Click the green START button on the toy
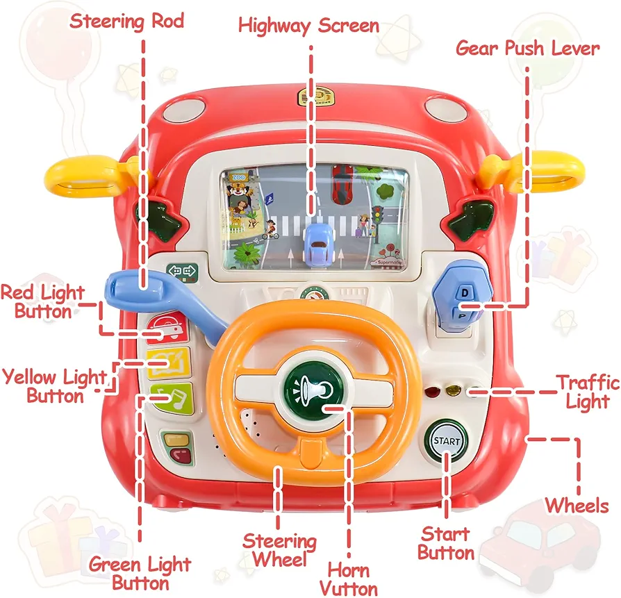point(446,440)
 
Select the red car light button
point(167,327)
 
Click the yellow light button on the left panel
point(169,363)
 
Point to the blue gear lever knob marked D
point(462,295)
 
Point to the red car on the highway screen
point(342,184)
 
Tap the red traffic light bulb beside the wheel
point(432,392)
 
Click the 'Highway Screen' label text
point(308,26)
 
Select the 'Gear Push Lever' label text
point(527,49)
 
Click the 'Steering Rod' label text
point(126,21)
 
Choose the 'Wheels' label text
point(577,506)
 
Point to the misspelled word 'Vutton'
point(349,589)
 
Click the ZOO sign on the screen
point(238,177)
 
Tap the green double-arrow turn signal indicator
point(183,272)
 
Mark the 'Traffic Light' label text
point(588,392)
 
